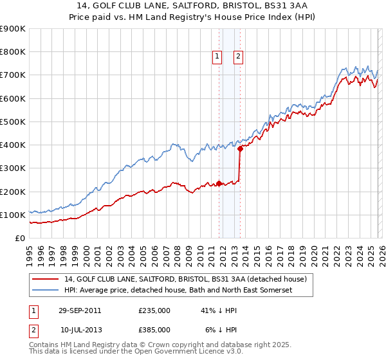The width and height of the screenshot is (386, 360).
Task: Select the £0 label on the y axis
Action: point(21,239)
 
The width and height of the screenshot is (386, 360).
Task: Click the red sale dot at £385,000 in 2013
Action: point(240,148)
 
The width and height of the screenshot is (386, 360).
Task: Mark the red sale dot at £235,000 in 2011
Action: point(219,183)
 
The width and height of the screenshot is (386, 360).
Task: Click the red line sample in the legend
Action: point(46,279)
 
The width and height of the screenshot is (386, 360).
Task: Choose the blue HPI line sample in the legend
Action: point(46,291)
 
